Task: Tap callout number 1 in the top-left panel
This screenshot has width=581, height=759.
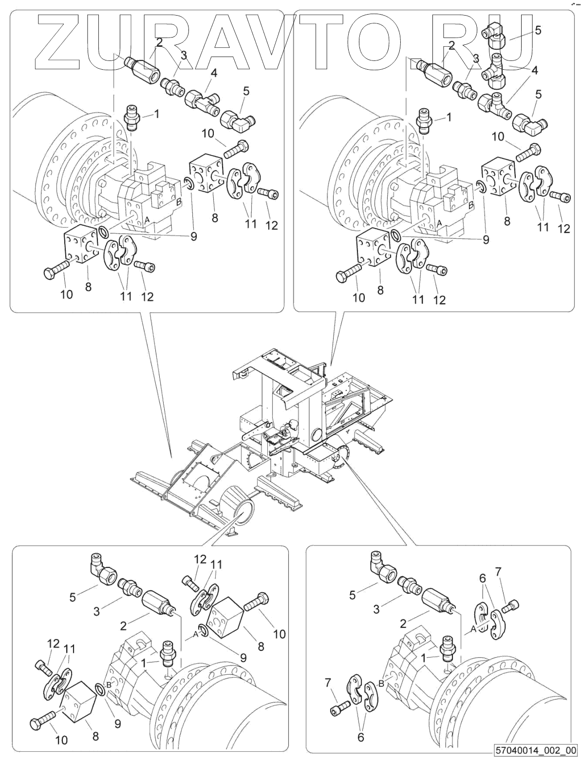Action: tap(156, 114)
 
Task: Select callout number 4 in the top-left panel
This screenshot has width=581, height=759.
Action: tap(213, 74)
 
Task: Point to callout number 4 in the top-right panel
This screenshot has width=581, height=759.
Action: tap(535, 70)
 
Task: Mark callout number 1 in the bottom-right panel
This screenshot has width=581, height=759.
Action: tap(424, 658)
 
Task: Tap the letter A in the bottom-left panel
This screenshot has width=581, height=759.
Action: tap(195, 634)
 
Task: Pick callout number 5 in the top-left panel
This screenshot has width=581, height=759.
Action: tap(246, 91)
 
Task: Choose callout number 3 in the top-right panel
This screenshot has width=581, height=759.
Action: tap(475, 59)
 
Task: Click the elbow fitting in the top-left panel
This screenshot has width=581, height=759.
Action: tap(237, 118)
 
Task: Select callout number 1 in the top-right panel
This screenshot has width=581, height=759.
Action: tap(449, 117)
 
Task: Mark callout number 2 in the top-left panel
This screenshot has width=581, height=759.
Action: tap(159, 43)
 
